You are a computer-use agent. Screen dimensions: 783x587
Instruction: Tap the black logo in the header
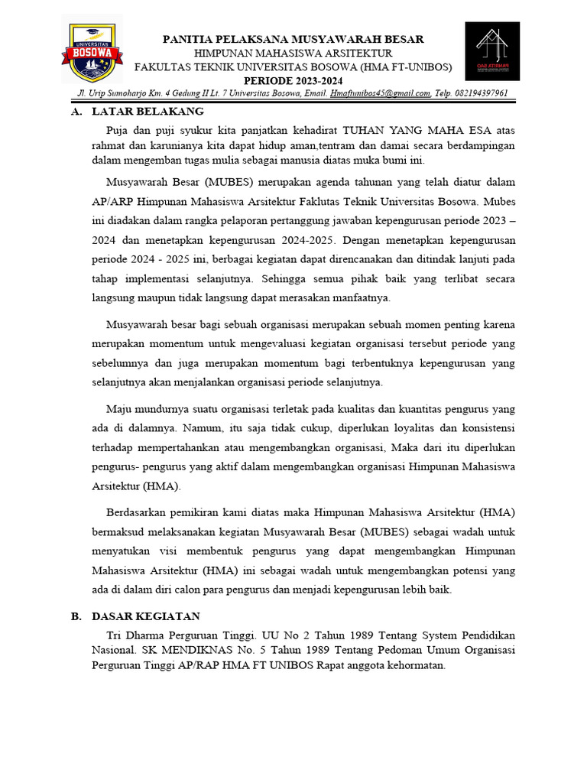point(492,50)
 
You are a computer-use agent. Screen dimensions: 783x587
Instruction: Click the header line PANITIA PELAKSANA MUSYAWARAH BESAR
point(293,39)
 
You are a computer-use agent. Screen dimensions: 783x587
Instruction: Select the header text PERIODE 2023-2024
point(293,81)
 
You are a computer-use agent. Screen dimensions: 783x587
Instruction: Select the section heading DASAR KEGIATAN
point(146,616)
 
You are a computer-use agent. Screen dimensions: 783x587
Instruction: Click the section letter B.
point(75,616)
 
